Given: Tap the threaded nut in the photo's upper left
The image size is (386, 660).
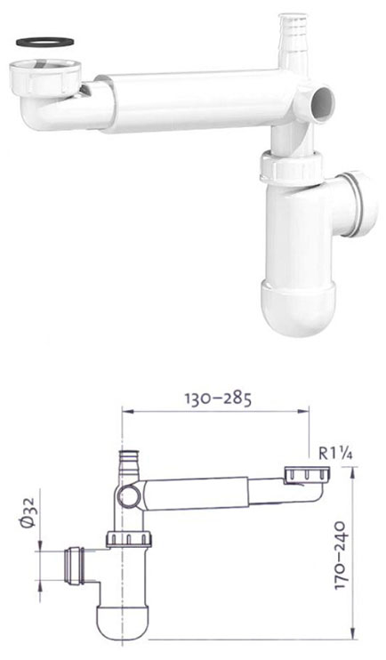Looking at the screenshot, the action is coord(44,75).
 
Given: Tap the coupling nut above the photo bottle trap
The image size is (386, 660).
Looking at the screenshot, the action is coord(292,167).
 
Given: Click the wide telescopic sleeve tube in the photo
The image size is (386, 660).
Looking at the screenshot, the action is coord(194,101).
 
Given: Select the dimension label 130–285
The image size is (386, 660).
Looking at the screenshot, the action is coord(218,398).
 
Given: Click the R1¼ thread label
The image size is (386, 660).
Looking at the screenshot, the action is coord(335,454).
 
